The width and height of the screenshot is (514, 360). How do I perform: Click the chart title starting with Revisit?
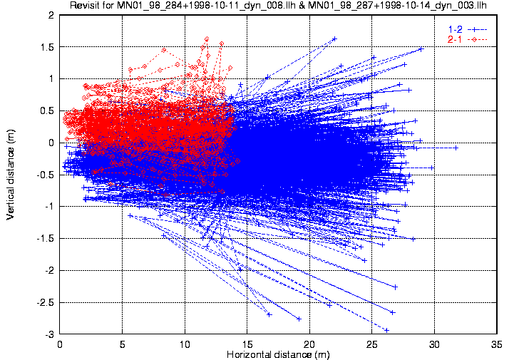[278, 5]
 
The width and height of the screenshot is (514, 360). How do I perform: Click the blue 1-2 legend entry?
[467, 29]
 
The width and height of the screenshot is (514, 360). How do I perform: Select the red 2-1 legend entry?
[467, 40]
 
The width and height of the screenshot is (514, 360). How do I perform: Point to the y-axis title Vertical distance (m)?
[10, 174]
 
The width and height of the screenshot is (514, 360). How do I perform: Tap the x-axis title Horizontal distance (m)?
[278, 354]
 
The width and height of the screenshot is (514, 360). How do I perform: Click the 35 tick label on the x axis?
[497, 344]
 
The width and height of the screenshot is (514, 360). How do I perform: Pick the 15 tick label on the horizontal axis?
[247, 344]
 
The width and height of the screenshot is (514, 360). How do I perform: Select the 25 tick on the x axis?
[371, 344]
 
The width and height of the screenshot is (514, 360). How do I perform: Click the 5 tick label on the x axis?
[123, 344]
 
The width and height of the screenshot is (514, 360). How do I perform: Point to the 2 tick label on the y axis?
[51, 15]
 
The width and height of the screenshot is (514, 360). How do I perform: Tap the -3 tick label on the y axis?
[49, 334]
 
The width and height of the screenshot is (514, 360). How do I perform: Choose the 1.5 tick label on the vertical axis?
[47, 47]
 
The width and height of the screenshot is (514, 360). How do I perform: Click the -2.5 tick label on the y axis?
[45, 303]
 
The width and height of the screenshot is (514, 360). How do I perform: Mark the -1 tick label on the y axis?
[49, 207]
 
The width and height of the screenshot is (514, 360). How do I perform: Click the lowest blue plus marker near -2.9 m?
[386, 330]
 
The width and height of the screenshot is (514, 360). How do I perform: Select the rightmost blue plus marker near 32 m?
[456, 148]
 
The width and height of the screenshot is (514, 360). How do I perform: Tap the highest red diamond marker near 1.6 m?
[207, 39]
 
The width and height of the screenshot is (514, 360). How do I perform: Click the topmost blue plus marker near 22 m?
[334, 38]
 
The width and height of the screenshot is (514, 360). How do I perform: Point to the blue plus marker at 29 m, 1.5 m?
[421, 49]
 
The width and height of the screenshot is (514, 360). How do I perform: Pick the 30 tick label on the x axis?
[434, 344]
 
